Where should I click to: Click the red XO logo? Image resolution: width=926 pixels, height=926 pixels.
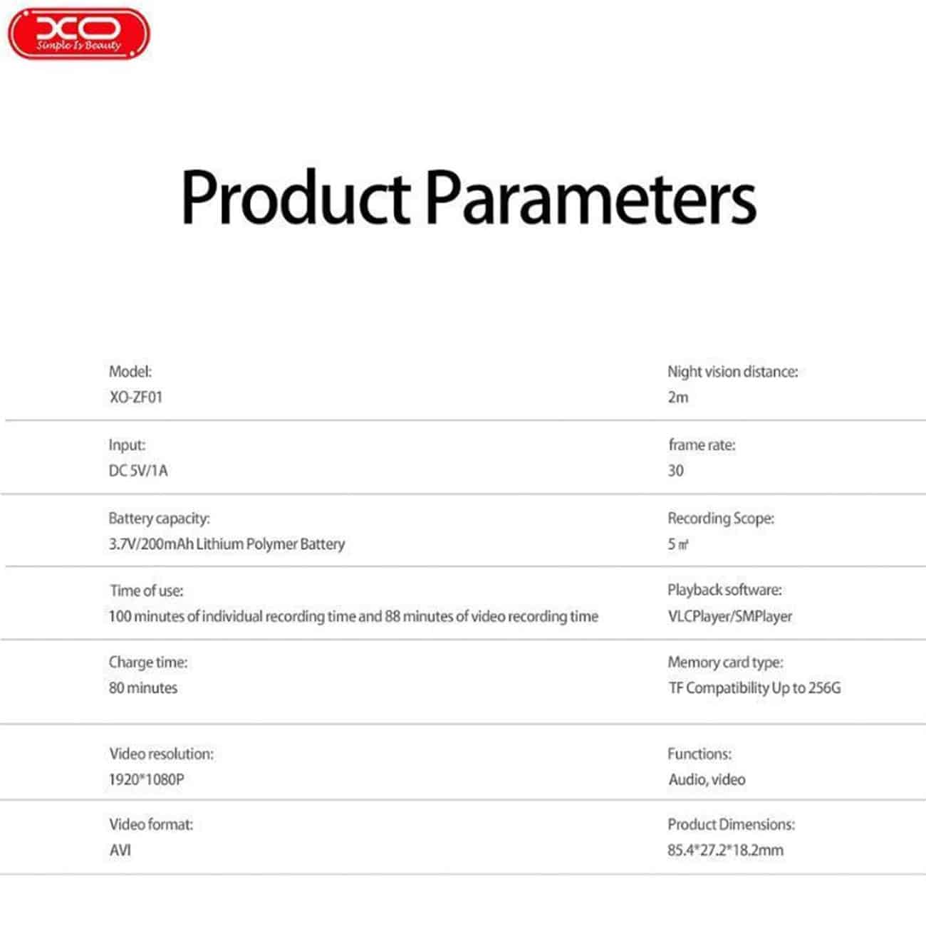[79, 34]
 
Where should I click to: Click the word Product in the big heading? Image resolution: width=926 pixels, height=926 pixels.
[296, 197]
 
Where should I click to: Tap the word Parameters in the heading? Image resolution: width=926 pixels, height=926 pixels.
[591, 197]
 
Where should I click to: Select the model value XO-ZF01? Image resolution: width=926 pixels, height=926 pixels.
[136, 397]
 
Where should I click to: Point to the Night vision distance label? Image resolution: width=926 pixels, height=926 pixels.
[733, 371]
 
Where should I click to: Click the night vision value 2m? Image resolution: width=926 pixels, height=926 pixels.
[678, 397]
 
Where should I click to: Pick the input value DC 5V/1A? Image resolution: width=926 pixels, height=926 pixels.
[138, 470]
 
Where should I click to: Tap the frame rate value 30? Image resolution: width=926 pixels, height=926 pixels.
[676, 470]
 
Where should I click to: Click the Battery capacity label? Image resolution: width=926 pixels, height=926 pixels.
[159, 519]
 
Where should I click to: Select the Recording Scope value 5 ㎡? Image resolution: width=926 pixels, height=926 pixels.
[678, 544]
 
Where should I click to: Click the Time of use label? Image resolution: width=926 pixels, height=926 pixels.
[147, 591]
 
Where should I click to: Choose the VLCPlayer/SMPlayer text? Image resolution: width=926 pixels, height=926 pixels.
[730, 617]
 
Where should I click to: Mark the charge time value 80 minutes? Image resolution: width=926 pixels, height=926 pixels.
[143, 687]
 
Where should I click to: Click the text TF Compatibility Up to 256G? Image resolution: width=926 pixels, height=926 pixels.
[754, 687]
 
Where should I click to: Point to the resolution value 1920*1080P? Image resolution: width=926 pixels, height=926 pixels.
[147, 779]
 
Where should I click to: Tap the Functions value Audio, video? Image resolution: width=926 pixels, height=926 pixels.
[707, 779]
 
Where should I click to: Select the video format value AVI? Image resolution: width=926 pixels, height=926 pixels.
[120, 850]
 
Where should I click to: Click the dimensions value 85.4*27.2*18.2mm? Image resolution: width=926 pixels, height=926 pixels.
[726, 850]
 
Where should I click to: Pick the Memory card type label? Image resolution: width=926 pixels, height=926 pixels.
[726, 662]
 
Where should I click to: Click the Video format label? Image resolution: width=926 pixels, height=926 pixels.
[152, 825]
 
